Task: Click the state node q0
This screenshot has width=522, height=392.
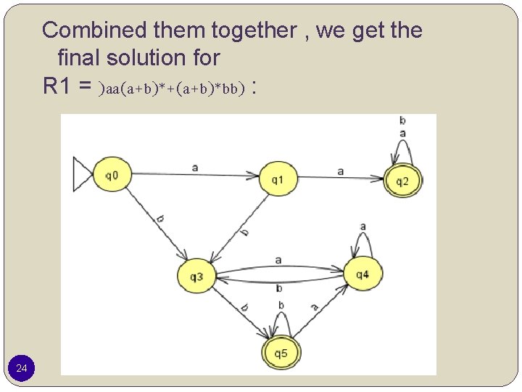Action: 111,175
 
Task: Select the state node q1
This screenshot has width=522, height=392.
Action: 278,179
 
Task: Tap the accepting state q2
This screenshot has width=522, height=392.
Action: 402,180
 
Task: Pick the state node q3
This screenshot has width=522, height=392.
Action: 196,276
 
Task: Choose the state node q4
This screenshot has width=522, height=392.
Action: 362,274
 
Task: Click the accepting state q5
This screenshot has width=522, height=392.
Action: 281,354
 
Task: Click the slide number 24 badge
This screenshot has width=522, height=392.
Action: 22,369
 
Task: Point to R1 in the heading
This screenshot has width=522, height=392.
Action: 59,86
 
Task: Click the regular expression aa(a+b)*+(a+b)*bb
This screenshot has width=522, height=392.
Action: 175,89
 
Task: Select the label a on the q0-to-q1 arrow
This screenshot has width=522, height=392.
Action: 195,166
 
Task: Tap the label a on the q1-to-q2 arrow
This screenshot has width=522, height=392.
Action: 340,171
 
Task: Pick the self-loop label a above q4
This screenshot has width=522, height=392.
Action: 362,226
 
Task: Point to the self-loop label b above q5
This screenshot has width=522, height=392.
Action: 281,306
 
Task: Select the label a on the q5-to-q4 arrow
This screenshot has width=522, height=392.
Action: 315,307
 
